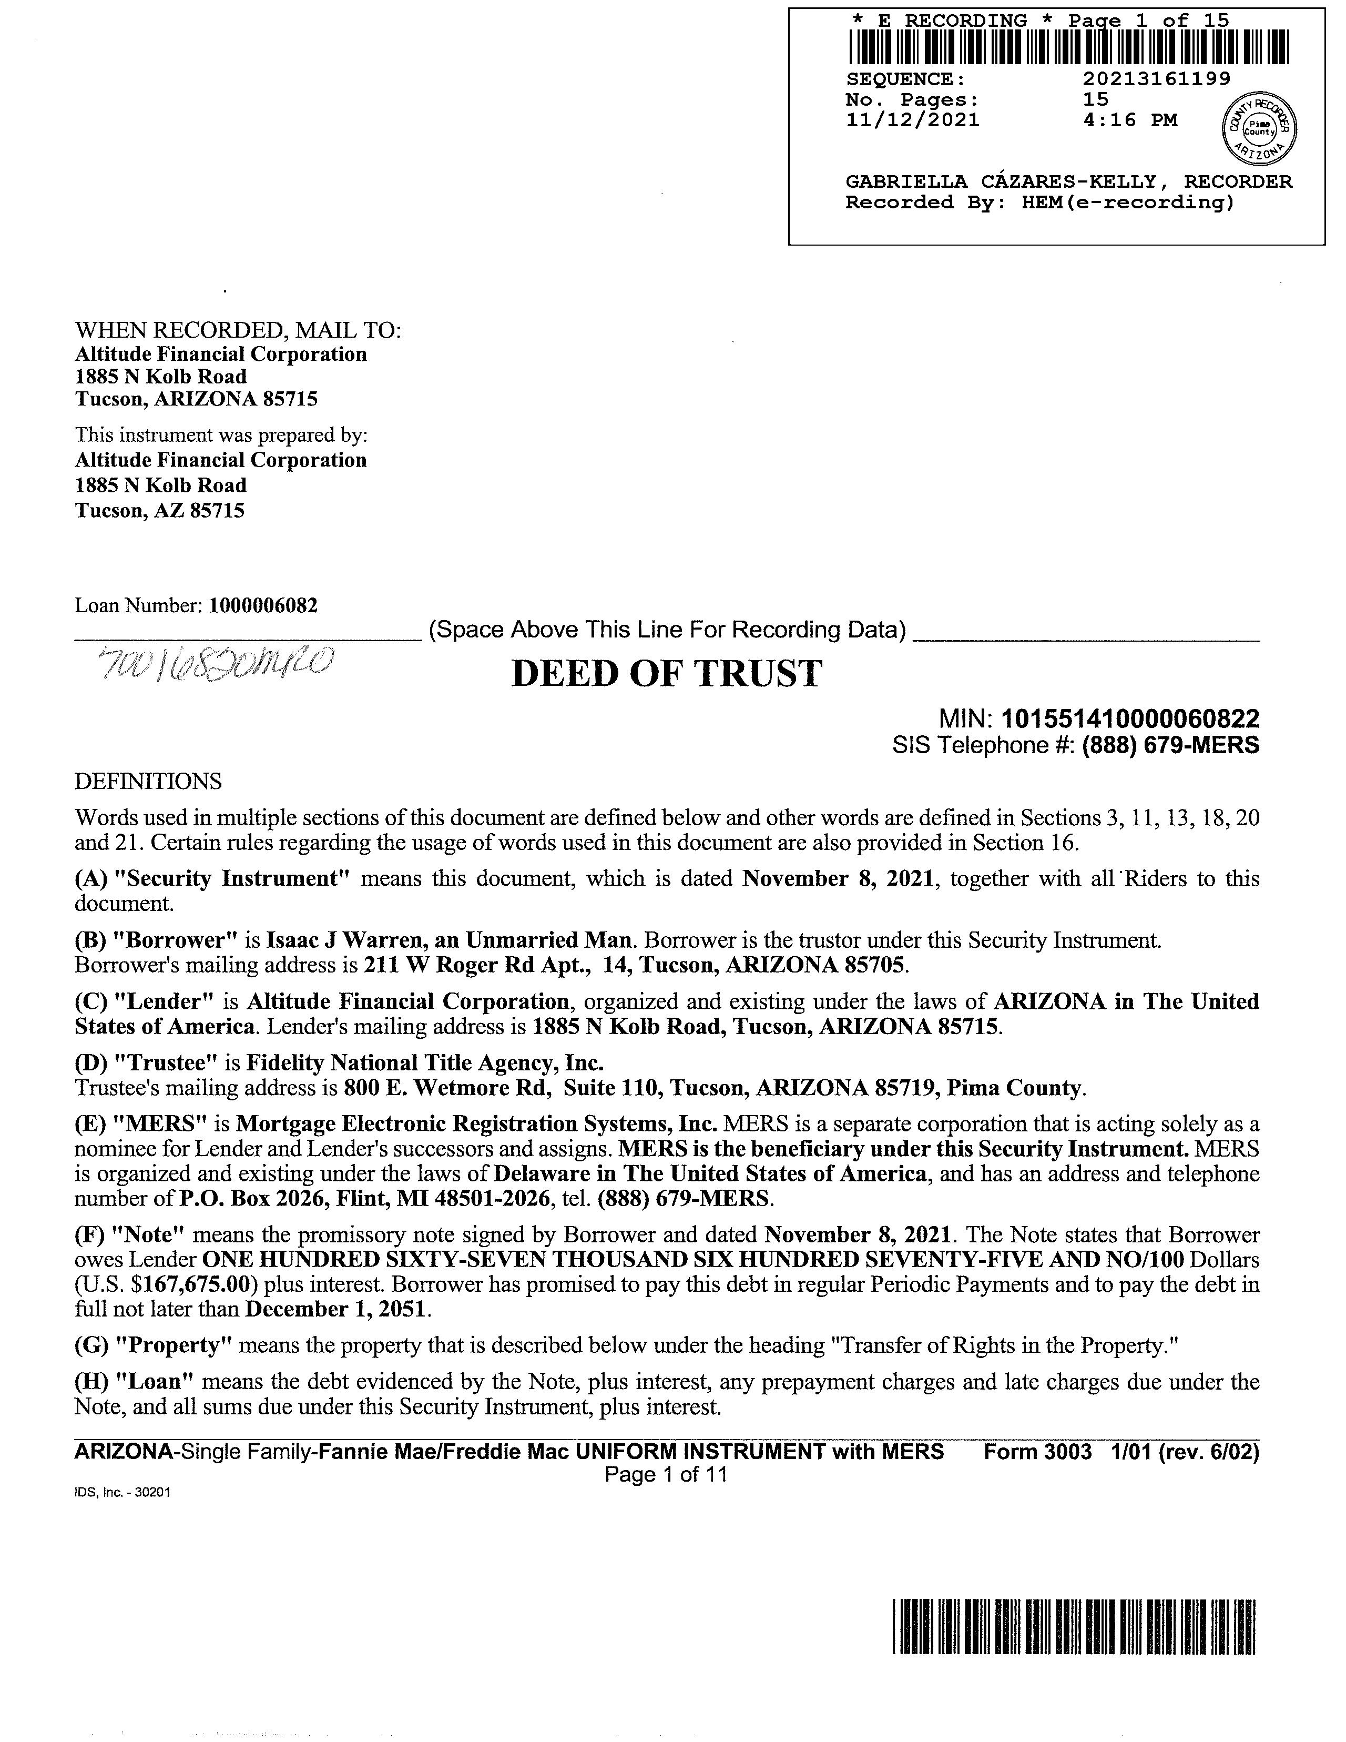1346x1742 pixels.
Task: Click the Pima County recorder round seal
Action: (x=1259, y=128)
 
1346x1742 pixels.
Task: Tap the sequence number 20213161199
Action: (x=1156, y=79)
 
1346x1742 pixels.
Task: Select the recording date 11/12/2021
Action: (x=912, y=120)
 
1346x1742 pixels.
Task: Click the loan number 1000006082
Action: (x=262, y=605)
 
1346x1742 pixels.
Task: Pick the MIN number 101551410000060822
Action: (x=1130, y=720)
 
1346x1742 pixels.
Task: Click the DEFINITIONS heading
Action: (x=148, y=781)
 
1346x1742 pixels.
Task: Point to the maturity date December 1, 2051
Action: (x=338, y=1309)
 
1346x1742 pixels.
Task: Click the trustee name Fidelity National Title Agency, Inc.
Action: (x=424, y=1063)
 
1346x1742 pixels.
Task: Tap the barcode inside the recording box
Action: (x=1068, y=47)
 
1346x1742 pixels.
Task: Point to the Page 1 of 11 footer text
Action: (x=666, y=1474)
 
